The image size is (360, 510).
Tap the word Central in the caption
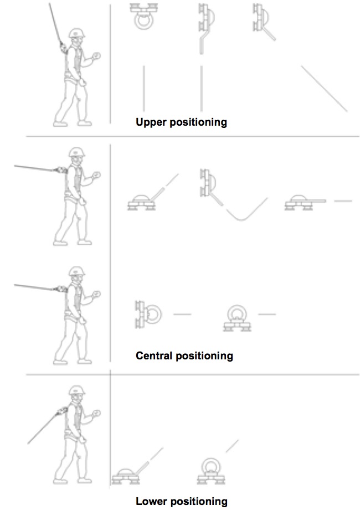coord(154,356)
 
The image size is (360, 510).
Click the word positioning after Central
coord(204,356)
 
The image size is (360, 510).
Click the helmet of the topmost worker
coord(77,33)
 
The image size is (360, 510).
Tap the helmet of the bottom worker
coord(77,390)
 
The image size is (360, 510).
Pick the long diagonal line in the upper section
coord(324,89)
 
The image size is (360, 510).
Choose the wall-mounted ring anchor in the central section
coord(148,315)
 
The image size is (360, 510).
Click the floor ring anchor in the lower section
coord(211,471)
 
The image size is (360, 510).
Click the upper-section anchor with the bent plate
coord(205,29)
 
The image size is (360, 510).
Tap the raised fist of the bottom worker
coord(96,413)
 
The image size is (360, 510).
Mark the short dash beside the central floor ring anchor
coord(267,314)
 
